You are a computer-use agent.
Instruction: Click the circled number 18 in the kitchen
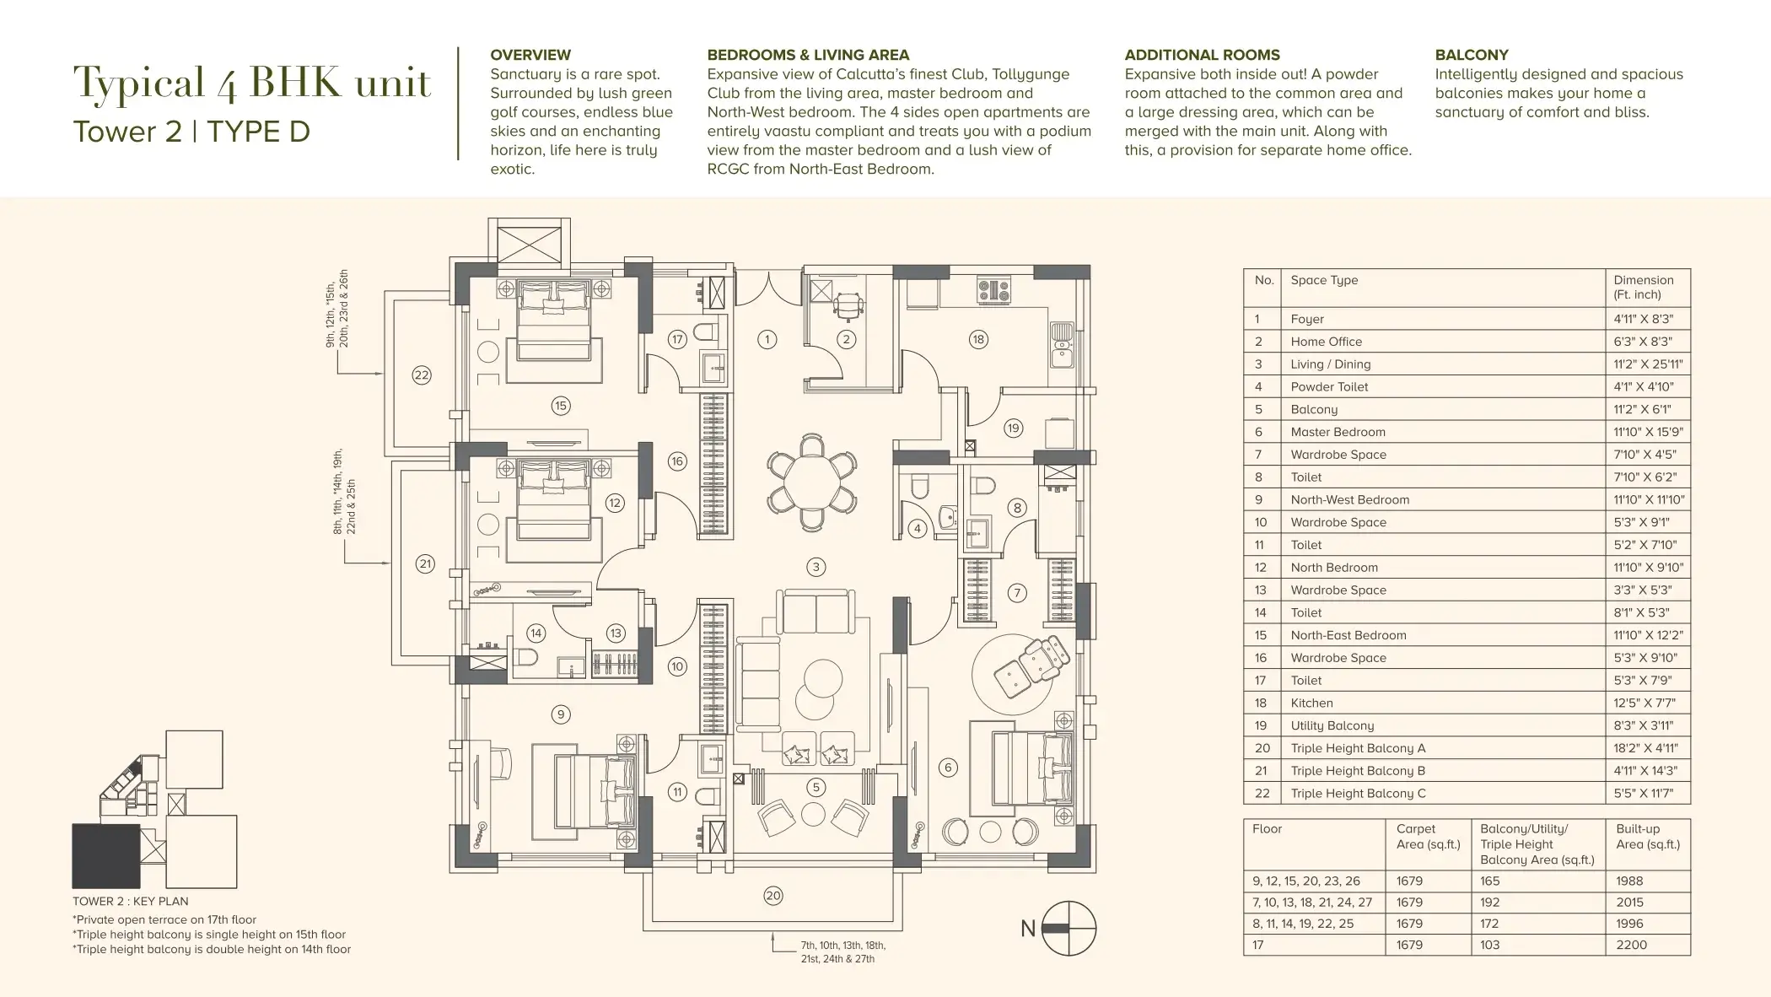click(x=978, y=340)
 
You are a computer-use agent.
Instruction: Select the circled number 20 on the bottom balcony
click(x=773, y=896)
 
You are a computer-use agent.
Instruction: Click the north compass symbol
click(x=1069, y=928)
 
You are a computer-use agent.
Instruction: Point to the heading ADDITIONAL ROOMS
click(x=1202, y=55)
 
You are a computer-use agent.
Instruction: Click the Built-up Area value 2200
click(x=1631, y=945)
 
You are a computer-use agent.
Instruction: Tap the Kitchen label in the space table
click(x=1311, y=703)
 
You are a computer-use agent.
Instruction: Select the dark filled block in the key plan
click(x=105, y=855)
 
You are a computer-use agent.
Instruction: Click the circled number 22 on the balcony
click(x=422, y=375)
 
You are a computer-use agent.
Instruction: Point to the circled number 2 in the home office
click(x=846, y=340)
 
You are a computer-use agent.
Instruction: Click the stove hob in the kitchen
click(x=993, y=289)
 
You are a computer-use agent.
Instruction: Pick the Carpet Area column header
click(x=1428, y=836)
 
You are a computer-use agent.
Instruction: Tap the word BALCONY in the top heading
click(x=1472, y=55)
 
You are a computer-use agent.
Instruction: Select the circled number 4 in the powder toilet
click(x=918, y=529)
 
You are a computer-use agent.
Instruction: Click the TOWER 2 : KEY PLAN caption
click(x=131, y=901)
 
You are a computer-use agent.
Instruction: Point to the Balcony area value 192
click(x=1490, y=902)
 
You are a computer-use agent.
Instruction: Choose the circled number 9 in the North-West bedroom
click(x=561, y=714)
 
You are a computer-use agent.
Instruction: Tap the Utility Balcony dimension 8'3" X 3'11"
click(x=1641, y=725)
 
